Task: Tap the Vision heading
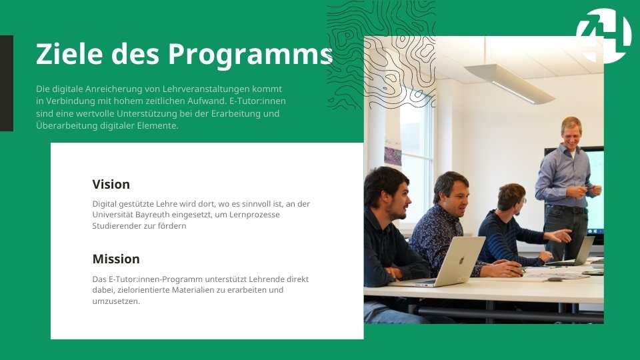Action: (x=111, y=184)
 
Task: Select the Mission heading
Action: (x=116, y=259)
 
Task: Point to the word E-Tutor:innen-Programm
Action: (x=155, y=279)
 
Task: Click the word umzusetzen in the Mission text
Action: (x=116, y=301)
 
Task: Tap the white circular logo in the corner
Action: (x=604, y=36)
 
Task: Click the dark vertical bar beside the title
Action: (x=7, y=83)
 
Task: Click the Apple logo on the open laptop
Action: (x=461, y=261)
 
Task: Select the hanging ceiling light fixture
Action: (x=510, y=84)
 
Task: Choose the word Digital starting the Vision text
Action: (x=105, y=204)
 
